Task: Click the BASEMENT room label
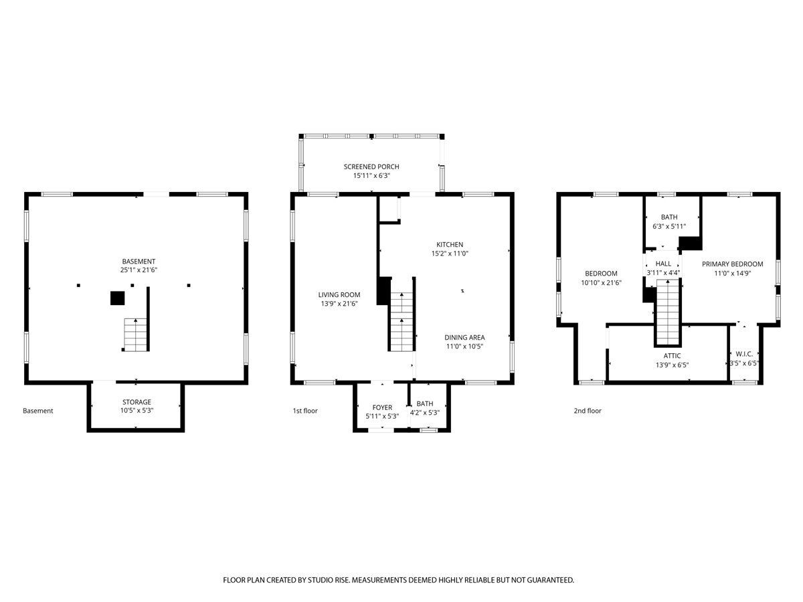coord(139,262)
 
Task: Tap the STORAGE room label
coord(137,402)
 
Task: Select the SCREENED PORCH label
coord(371,167)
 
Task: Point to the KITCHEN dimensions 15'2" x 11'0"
coord(450,254)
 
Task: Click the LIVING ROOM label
coord(339,294)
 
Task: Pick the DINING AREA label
coord(464,337)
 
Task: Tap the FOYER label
coord(382,407)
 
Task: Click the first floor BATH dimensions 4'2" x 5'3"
coord(425,413)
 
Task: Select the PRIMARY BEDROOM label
coord(732,264)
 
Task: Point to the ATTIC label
coord(672,356)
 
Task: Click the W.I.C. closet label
coord(744,354)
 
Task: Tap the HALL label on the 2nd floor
coord(663,264)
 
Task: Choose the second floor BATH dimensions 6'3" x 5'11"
coord(669,226)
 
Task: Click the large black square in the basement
coord(117,298)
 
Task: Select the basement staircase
coord(136,335)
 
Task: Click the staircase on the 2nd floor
coord(668,312)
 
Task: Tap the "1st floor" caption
coord(305,411)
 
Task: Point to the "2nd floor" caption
coord(588,411)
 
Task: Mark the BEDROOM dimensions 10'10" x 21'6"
coord(602,282)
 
